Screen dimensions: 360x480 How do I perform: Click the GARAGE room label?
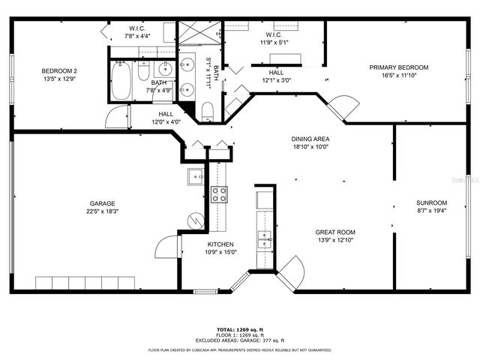(103, 203)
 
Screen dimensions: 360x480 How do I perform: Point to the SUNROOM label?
(431, 202)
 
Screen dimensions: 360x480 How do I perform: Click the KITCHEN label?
(220, 244)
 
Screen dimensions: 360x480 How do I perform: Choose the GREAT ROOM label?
(335, 232)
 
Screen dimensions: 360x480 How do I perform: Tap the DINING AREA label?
(310, 139)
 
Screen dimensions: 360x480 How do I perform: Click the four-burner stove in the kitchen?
(219, 195)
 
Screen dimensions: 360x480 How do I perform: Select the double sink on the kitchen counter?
(264, 239)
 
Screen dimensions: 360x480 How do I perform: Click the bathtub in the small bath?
(121, 81)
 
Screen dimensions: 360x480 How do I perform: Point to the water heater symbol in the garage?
(194, 221)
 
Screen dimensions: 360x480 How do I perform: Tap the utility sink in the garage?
(194, 177)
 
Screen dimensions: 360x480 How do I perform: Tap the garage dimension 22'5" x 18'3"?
(103, 212)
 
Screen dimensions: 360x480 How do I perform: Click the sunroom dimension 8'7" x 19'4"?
(431, 212)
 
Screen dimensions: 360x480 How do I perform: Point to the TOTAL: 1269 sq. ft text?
(239, 328)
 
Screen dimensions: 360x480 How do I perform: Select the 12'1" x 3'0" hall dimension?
(276, 80)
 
